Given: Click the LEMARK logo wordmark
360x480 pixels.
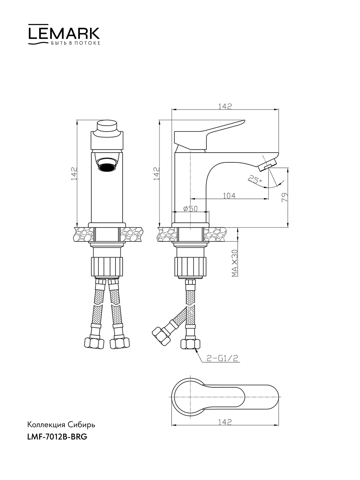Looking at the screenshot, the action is click(x=64, y=34).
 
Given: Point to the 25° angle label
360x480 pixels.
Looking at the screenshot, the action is click(x=255, y=180).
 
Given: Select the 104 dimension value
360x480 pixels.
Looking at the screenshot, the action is click(x=229, y=196).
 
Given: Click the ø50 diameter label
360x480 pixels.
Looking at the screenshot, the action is click(x=190, y=209).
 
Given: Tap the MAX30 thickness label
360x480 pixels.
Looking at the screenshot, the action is click(x=235, y=263).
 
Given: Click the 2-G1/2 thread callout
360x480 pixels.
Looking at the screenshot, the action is click(x=222, y=358).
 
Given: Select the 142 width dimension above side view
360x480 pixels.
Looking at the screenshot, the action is click(x=225, y=106).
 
